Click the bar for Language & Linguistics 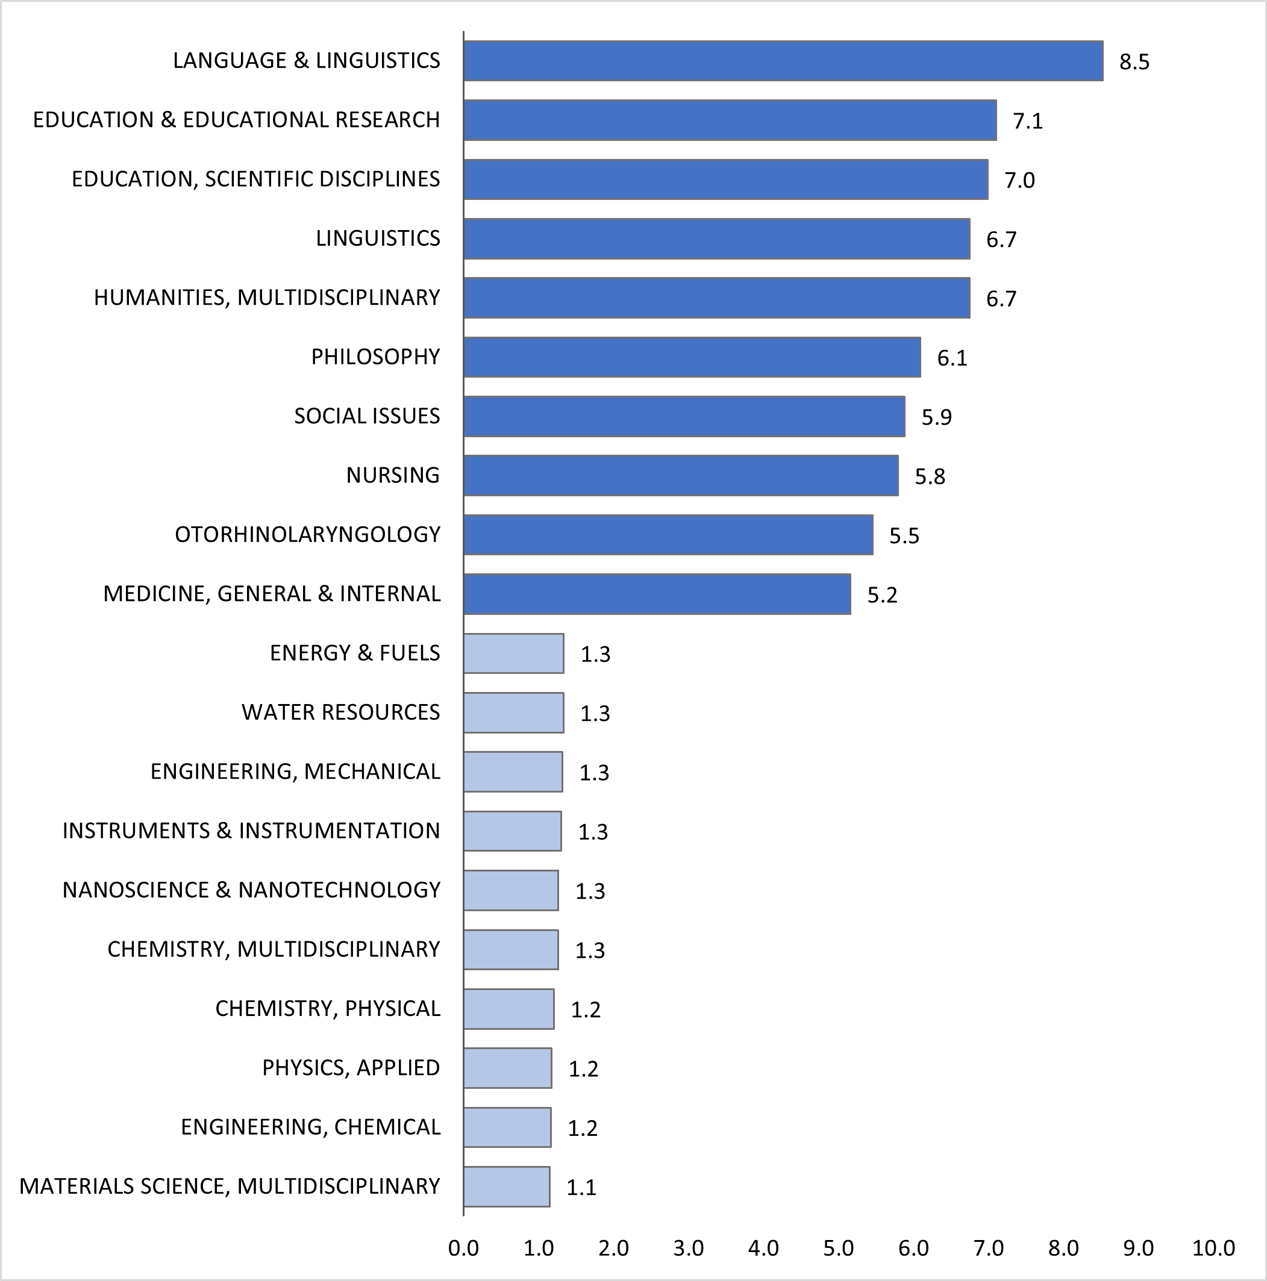[783, 61]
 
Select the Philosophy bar [692, 357]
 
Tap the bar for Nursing [681, 475]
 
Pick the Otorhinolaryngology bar [668, 534]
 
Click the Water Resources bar [513, 713]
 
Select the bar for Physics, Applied [507, 1068]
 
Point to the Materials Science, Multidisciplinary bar [506, 1187]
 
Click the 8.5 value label [1134, 62]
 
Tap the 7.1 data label [1028, 121]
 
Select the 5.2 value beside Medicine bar [882, 596]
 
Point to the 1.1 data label [581, 1188]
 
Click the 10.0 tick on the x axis [1213, 1248]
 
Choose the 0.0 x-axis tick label [463, 1248]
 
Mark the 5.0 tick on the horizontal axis [839, 1248]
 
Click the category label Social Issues [367, 416]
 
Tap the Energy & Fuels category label [355, 653]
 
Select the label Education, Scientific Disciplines [256, 179]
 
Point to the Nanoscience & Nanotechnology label [251, 890]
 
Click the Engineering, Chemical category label [310, 1127]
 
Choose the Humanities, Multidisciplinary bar [716, 298]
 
